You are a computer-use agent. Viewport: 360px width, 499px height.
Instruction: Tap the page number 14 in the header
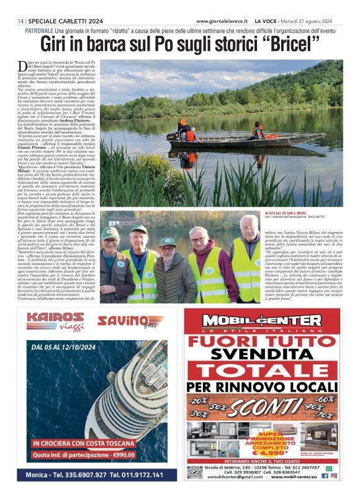[21, 20]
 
